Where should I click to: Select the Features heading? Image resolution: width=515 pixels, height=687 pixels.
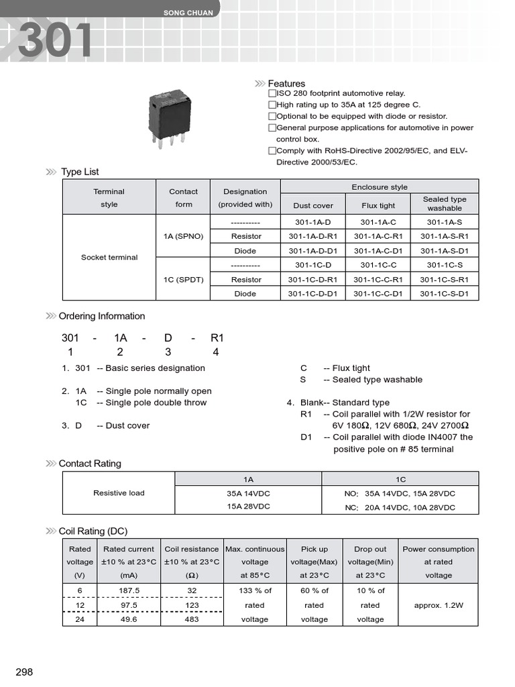tap(286, 83)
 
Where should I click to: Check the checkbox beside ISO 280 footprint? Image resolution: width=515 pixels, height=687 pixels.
tap(272, 93)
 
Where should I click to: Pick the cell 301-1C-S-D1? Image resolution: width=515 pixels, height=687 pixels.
tap(445, 293)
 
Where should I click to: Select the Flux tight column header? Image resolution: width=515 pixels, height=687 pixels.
tap(378, 205)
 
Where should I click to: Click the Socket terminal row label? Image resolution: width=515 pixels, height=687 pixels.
tap(109, 257)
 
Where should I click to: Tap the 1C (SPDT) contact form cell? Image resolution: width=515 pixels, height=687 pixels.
tap(183, 279)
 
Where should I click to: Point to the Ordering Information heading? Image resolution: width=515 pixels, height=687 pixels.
tap(102, 316)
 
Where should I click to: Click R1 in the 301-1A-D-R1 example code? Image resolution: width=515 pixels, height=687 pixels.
tap(217, 339)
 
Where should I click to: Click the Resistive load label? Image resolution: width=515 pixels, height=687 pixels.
tap(119, 492)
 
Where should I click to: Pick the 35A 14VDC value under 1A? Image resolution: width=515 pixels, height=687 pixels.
tap(248, 493)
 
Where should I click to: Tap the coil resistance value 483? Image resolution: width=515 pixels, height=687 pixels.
tap(192, 619)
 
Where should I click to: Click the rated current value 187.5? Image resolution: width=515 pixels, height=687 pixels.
tap(129, 590)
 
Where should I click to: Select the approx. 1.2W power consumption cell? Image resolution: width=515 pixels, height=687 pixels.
tap(439, 604)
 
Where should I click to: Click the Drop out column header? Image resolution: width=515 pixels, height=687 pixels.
tap(370, 549)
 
